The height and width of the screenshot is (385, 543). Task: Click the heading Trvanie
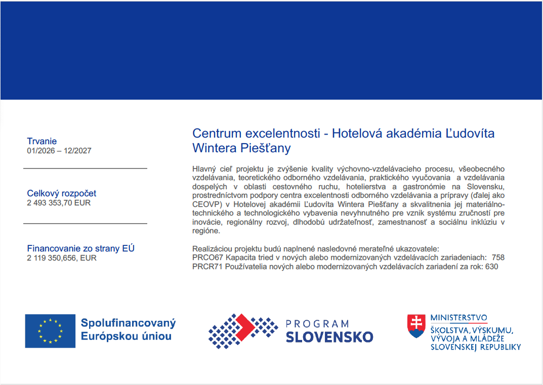pyautogui.click(x=42, y=141)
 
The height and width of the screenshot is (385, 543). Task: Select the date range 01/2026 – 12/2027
pyautogui.click(x=59, y=151)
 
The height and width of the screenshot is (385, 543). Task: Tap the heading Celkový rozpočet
pyautogui.click(x=61, y=193)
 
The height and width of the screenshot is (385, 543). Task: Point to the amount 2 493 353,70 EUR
pyautogui.click(x=59, y=203)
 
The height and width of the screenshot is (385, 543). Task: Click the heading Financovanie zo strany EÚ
pyautogui.click(x=80, y=248)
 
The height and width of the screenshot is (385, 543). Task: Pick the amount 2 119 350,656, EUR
pyautogui.click(x=61, y=258)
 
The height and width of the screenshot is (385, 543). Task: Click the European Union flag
pyautogui.click(x=50, y=331)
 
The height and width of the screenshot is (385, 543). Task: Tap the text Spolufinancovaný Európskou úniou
pyautogui.click(x=128, y=329)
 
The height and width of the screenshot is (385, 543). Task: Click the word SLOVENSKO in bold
pyautogui.click(x=329, y=337)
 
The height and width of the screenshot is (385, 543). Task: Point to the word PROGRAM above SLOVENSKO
pyautogui.click(x=317, y=324)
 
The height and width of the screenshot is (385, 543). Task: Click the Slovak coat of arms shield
pyautogui.click(x=416, y=326)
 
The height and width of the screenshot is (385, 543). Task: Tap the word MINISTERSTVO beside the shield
pyautogui.click(x=458, y=318)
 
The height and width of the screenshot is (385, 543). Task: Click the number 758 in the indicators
pyautogui.click(x=498, y=258)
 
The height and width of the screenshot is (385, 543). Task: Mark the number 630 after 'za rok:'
pyautogui.click(x=491, y=267)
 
